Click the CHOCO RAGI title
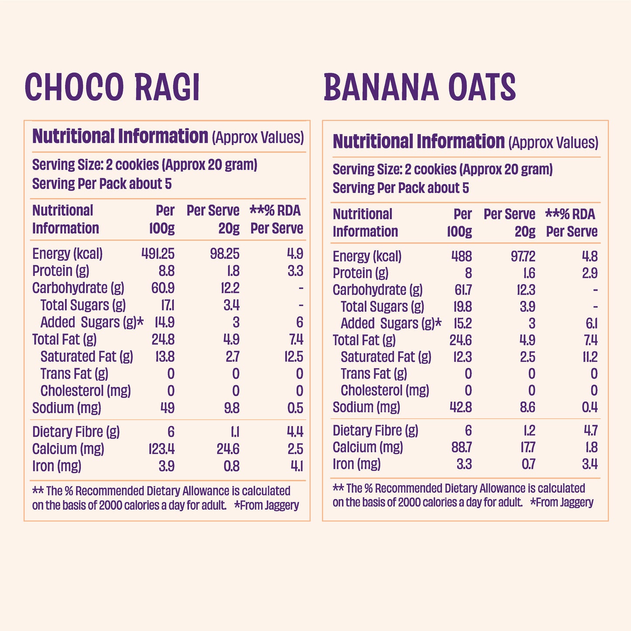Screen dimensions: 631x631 pyautogui.click(x=112, y=87)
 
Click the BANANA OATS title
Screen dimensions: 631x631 pyautogui.click(x=420, y=87)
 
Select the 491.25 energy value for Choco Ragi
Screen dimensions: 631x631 pyautogui.click(x=158, y=254)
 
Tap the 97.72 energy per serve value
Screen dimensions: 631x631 pyautogui.click(x=523, y=256)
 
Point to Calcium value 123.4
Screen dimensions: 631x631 pyautogui.click(x=161, y=449)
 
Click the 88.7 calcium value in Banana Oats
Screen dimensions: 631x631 pyautogui.click(x=462, y=447)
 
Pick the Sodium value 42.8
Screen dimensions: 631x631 pyautogui.click(x=461, y=407)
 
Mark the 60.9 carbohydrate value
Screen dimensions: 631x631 pyautogui.click(x=163, y=288)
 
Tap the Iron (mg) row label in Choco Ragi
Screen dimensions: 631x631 pyautogui.click(x=57, y=466)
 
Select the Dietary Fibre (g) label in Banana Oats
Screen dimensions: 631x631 pyautogui.click(x=375, y=431)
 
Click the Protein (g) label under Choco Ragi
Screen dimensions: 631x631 pyautogui.click(x=61, y=271)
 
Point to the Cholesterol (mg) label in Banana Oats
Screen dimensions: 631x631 pyautogui.click(x=385, y=390)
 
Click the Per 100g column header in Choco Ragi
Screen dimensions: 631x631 pyautogui.click(x=162, y=219)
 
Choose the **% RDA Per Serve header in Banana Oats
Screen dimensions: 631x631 pyautogui.click(x=571, y=223)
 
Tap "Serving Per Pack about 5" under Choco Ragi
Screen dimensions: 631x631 pyautogui.click(x=102, y=184)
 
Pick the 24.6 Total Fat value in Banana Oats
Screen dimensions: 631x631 pyautogui.click(x=460, y=340)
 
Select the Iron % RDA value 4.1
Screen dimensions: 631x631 pyautogui.click(x=297, y=466)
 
